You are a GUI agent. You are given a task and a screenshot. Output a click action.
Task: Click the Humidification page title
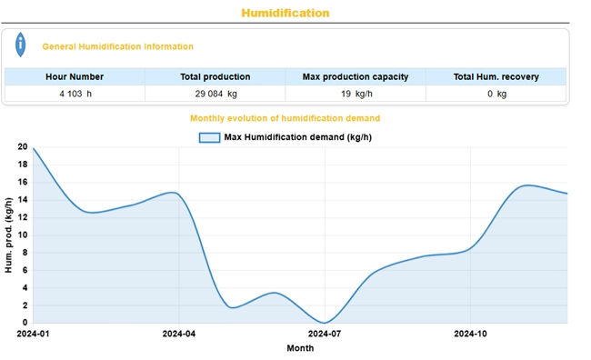click(285, 13)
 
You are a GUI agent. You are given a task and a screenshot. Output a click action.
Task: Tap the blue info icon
click(22, 45)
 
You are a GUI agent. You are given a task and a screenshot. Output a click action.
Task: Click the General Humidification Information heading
click(117, 46)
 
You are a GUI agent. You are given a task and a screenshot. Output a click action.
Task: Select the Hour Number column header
click(75, 77)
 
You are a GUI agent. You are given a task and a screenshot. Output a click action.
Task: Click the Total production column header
click(215, 77)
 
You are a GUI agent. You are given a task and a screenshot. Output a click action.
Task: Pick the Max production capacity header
click(356, 77)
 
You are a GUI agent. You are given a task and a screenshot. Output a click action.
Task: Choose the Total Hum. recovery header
click(496, 77)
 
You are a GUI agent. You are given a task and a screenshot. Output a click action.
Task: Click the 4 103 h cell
click(75, 94)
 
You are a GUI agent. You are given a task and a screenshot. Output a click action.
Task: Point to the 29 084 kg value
click(215, 94)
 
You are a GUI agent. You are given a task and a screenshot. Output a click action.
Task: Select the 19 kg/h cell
click(356, 94)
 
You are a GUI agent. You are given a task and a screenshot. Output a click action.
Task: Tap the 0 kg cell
click(496, 94)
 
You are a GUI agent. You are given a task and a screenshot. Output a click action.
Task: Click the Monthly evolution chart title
click(285, 118)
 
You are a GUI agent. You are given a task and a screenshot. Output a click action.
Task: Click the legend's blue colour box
click(209, 137)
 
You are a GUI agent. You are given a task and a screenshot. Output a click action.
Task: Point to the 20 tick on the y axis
click(23, 146)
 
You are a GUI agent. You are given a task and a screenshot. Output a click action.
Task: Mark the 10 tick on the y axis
click(23, 235)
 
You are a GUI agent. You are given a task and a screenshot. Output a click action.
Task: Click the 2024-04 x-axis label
click(179, 335)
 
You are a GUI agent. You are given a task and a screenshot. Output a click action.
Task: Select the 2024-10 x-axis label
click(470, 335)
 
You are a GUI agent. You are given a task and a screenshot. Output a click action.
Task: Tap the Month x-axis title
click(300, 348)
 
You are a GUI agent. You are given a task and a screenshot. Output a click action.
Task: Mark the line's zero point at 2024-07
click(325, 323)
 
